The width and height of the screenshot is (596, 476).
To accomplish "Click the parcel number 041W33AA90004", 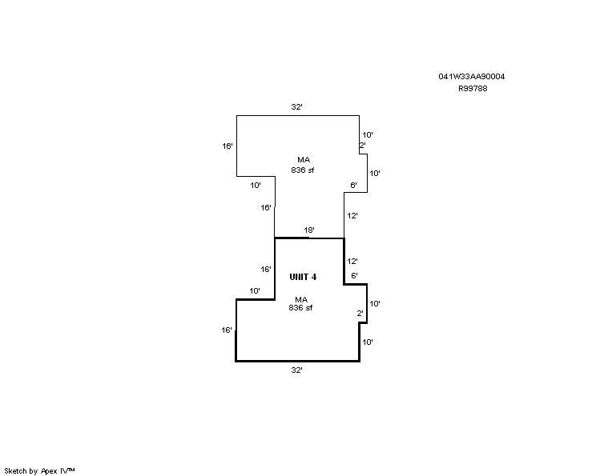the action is pyautogui.click(x=471, y=76).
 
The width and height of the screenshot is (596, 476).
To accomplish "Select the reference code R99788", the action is pyautogui.click(x=473, y=89).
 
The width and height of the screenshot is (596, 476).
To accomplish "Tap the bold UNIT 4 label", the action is pyautogui.click(x=303, y=277).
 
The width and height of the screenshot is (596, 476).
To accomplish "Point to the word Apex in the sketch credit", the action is pyautogui.click(x=49, y=471).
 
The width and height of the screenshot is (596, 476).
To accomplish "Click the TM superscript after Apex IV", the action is pyautogui.click(x=71, y=470).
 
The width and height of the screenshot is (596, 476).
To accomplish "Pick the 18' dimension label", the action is pyautogui.click(x=309, y=230).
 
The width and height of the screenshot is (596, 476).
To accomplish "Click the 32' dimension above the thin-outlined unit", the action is pyautogui.click(x=297, y=107).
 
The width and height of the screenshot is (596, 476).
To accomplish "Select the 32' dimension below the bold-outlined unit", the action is pyautogui.click(x=297, y=370).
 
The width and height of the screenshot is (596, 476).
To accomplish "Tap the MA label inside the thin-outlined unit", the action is pyautogui.click(x=304, y=160).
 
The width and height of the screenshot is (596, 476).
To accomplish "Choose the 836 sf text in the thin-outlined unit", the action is pyautogui.click(x=303, y=170).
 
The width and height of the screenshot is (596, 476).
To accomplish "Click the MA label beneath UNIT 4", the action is pyautogui.click(x=301, y=300).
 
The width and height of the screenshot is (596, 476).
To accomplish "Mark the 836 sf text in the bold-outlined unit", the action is pyautogui.click(x=300, y=308).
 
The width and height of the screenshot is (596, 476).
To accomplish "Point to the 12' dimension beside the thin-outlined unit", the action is pyautogui.click(x=352, y=216).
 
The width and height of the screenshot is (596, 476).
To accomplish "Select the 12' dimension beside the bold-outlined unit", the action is pyautogui.click(x=352, y=261).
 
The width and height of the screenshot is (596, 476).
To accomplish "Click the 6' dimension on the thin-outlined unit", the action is pyautogui.click(x=354, y=186).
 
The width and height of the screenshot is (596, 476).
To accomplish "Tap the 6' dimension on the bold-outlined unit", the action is pyautogui.click(x=354, y=275).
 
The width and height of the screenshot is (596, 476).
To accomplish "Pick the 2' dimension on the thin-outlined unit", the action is pyautogui.click(x=363, y=145).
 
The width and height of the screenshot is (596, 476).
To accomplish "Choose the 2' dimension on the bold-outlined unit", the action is pyautogui.click(x=360, y=314).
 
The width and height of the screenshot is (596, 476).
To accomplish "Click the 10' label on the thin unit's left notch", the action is pyautogui.click(x=256, y=186).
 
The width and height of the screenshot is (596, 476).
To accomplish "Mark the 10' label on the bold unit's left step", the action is pyautogui.click(x=255, y=290).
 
